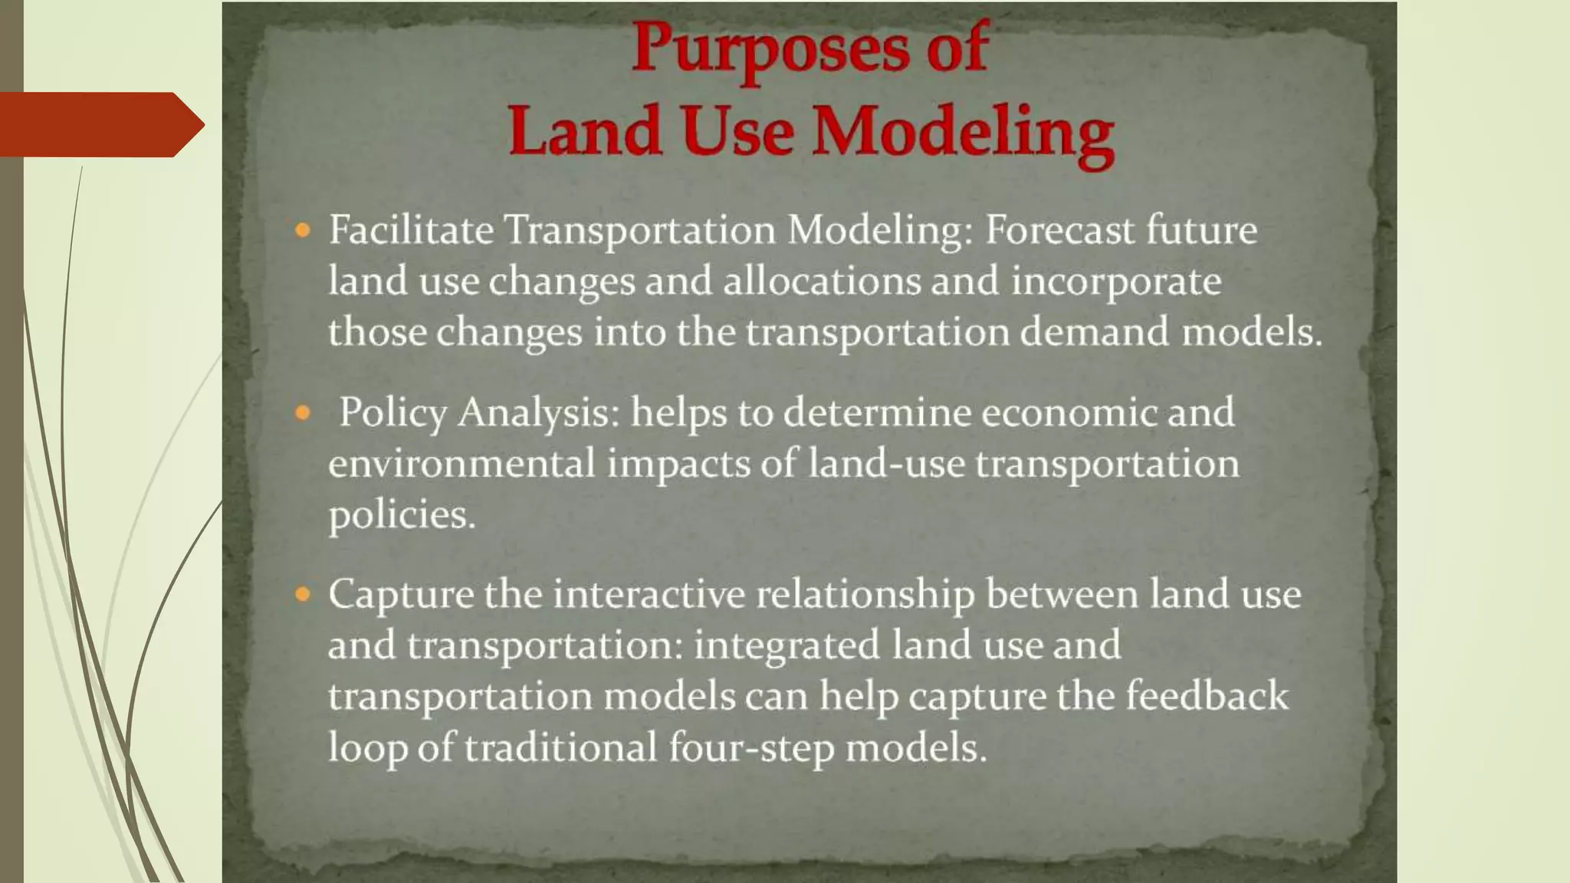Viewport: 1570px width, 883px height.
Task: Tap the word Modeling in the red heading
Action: pos(963,132)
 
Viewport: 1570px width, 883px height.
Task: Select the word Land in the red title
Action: pos(585,132)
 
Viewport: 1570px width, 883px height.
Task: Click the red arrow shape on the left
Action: pos(100,124)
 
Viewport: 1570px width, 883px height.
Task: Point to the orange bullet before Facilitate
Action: pos(303,230)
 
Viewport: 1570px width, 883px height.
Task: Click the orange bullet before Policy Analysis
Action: pos(303,413)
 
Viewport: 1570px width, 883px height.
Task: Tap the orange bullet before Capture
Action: pos(303,594)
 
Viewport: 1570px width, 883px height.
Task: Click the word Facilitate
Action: pos(411,230)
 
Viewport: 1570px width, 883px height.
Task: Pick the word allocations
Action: pos(822,281)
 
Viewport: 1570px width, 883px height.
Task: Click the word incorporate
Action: pos(1116,282)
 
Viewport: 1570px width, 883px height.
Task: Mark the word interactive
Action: pos(649,594)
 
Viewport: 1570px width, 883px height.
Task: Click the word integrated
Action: pos(787,645)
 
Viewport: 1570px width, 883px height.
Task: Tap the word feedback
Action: pos(1207,696)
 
